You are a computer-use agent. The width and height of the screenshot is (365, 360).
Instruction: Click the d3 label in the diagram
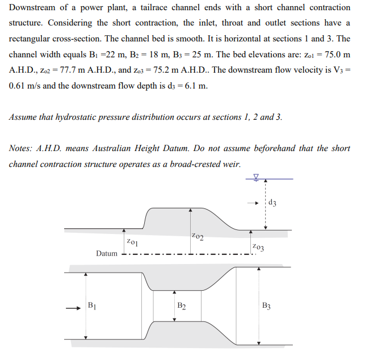pos(274,203)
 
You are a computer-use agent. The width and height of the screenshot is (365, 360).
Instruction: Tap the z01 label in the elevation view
pos(132,242)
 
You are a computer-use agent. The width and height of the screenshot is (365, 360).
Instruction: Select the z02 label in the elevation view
pos(198,235)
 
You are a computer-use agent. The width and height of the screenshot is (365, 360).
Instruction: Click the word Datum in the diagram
pos(107,253)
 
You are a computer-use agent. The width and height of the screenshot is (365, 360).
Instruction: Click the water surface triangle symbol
pos(255,177)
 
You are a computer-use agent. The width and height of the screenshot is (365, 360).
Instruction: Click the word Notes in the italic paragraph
pos(22,148)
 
